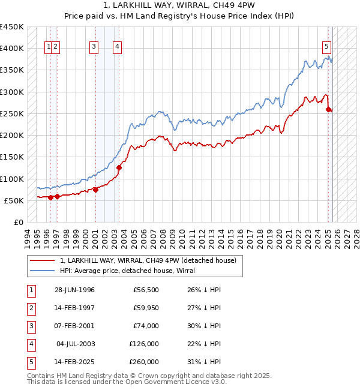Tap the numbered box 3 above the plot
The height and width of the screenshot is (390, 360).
click(x=95, y=48)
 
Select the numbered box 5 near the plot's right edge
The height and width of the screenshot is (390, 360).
click(x=326, y=48)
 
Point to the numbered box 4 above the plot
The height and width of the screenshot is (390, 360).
click(x=117, y=48)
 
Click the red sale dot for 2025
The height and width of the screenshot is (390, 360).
click(x=329, y=109)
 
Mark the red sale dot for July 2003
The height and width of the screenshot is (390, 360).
click(x=119, y=167)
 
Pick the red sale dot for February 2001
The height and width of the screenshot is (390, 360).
click(x=95, y=190)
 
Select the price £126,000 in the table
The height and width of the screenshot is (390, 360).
click(x=144, y=344)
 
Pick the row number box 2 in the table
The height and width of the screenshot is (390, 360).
click(x=29, y=308)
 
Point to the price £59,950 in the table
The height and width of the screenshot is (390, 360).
click(x=146, y=308)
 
